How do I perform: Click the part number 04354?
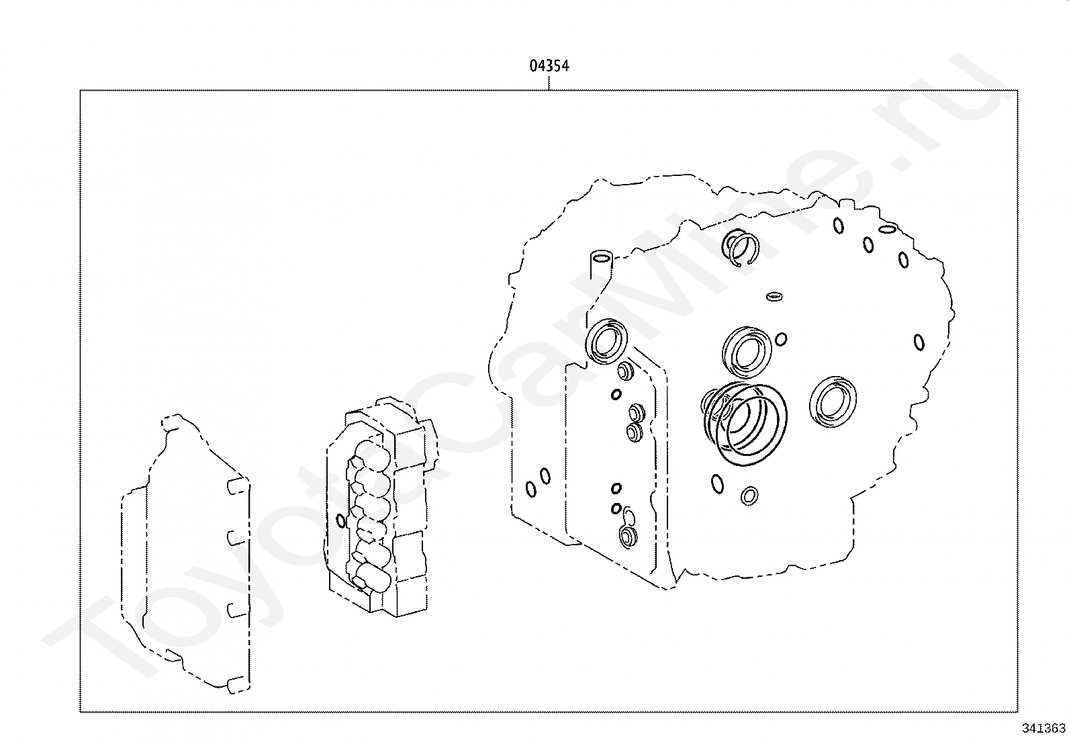tap(549, 66)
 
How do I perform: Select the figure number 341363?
tap(1043, 728)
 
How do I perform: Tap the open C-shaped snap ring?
tap(742, 247)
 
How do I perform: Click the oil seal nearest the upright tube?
tap(607, 340)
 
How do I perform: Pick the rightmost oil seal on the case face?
tap(834, 401)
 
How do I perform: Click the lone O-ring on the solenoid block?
tap(340, 520)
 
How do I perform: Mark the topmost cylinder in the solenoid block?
tap(368, 451)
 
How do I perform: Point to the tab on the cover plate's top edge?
tap(171, 422)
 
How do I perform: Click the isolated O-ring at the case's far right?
tap(919, 342)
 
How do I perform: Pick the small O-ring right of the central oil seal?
tap(780, 339)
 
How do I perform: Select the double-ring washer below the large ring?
tap(749, 496)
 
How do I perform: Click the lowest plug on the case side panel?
tap(629, 536)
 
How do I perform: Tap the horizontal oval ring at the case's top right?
tap(886, 229)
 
